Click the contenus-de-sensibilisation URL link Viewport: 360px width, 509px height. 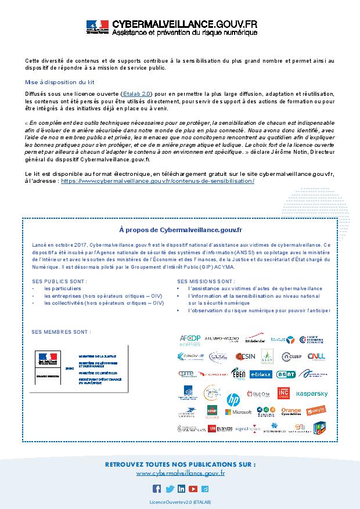pos(157,181)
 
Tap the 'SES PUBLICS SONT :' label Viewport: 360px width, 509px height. pos(59,281)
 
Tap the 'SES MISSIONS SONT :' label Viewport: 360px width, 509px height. pos(206,281)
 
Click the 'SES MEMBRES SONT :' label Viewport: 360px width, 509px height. pos(61,332)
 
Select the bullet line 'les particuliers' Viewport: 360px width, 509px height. pos(63,288)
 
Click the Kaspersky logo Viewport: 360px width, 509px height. pos(312,394)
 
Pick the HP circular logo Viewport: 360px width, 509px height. pos(233,399)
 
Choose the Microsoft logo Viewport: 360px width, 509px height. pos(239,412)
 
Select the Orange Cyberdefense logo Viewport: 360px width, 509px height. pos(291,411)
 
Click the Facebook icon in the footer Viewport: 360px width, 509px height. pos(156,489)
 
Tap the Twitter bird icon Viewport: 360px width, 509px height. pos(169,489)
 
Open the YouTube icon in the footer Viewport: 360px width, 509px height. pos(193,489)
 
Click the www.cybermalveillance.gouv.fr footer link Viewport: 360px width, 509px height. pos(180,474)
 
